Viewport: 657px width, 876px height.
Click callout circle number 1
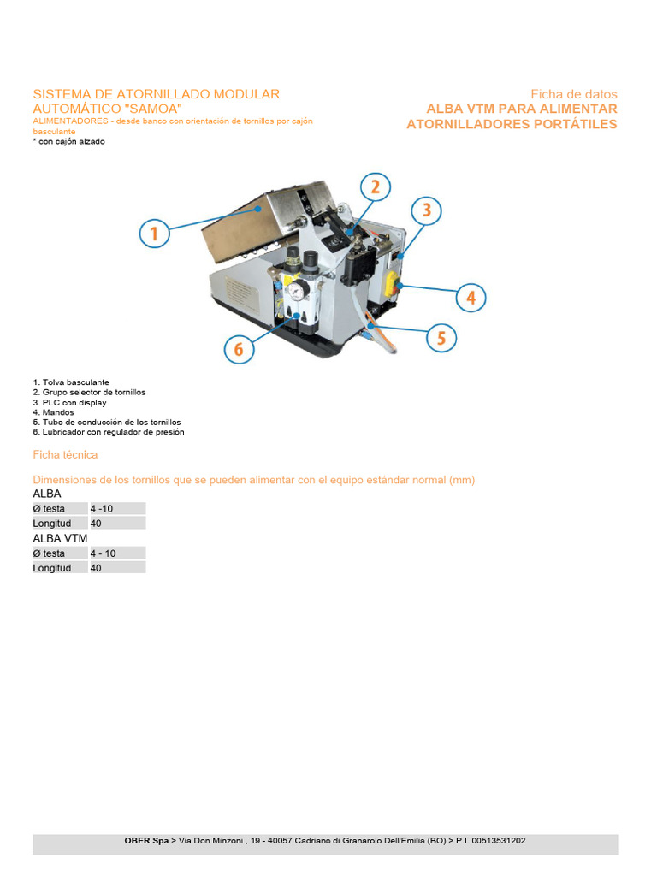[x=155, y=234]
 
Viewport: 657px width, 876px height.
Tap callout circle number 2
[x=375, y=187]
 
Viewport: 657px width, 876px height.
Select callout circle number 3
[x=426, y=210]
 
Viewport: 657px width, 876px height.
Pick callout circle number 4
[x=471, y=298]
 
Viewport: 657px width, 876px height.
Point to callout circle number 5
[x=441, y=338]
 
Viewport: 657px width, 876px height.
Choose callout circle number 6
[x=239, y=349]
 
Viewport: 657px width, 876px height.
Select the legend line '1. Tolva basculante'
[x=71, y=382]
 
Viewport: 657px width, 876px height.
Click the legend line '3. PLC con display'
[x=69, y=402]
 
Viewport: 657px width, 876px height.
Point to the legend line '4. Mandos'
[x=53, y=412]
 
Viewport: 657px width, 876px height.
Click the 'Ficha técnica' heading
[x=65, y=454]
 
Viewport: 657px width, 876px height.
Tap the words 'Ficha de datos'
[x=573, y=94]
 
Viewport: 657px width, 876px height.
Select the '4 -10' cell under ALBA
[x=102, y=509]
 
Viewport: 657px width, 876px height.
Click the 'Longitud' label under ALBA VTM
[x=52, y=568]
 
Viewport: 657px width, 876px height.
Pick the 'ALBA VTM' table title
[x=60, y=538]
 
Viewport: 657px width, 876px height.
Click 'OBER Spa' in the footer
[x=146, y=841]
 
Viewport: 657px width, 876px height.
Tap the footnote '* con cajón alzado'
[x=68, y=141]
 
